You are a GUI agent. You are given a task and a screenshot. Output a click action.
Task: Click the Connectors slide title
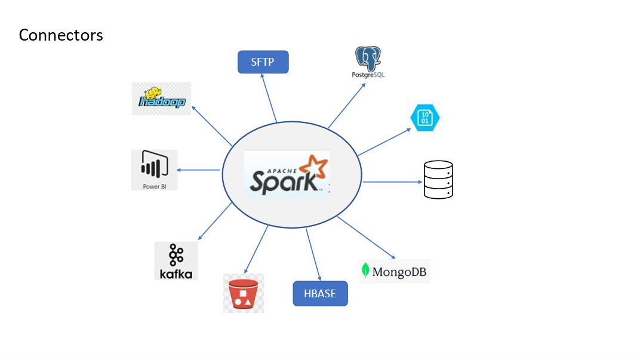click(x=61, y=35)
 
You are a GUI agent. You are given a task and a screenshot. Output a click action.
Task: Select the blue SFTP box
click(x=263, y=62)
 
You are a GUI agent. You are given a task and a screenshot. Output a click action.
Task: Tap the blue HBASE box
click(x=320, y=293)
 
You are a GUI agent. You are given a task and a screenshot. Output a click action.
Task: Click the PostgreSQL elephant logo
click(x=368, y=59)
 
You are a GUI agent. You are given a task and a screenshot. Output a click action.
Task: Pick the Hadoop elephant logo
click(x=161, y=99)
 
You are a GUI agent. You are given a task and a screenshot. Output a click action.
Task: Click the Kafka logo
click(x=176, y=261)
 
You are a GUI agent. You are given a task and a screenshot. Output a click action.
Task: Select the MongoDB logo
click(x=395, y=272)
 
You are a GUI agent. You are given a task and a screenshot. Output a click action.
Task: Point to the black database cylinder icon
click(x=438, y=179)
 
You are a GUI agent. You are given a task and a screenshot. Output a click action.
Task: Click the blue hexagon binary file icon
click(x=425, y=117)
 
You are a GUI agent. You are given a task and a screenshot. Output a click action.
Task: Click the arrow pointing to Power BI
click(x=198, y=170)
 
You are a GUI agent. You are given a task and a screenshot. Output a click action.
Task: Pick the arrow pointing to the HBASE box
click(x=313, y=254)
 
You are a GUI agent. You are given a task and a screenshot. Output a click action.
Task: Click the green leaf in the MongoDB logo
click(x=365, y=271)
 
